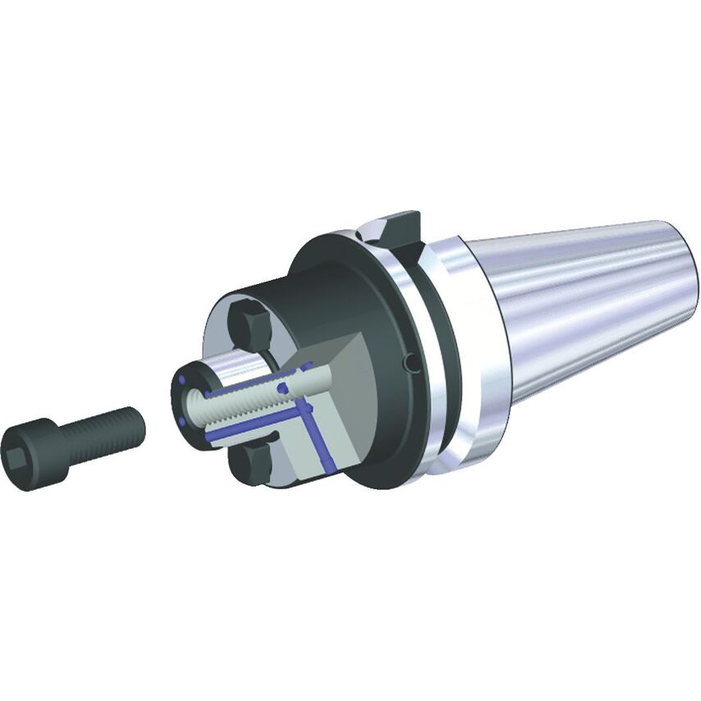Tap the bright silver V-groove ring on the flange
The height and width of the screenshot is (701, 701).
[426, 345]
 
